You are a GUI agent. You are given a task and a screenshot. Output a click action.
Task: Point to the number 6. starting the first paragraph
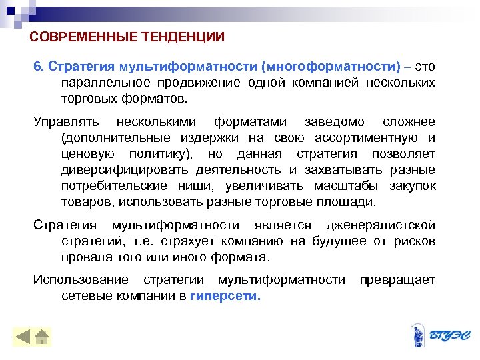tap(39, 67)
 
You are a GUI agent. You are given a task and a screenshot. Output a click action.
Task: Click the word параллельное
tap(101, 83)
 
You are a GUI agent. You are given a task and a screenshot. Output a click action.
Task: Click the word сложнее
tap(409, 122)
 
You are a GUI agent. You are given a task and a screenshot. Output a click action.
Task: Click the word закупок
tap(413, 186)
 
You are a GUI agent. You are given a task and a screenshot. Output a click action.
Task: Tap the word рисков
tap(416, 241)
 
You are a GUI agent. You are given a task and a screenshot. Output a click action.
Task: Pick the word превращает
tap(397, 280)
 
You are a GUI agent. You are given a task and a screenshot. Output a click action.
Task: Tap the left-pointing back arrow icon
tap(23, 336)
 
